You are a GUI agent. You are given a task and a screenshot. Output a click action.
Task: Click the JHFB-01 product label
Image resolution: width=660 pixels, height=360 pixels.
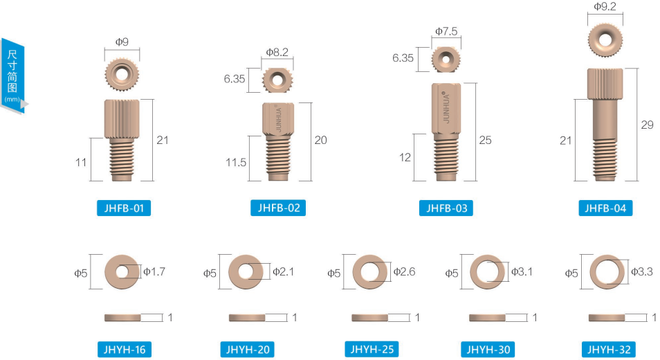[x=124, y=208]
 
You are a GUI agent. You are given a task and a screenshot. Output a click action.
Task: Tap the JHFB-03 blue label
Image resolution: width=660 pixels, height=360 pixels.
[x=446, y=208]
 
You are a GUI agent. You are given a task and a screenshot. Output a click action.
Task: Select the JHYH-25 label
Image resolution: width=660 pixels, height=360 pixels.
[x=372, y=349]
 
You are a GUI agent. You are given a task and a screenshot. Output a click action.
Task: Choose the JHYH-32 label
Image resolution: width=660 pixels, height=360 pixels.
[x=609, y=350]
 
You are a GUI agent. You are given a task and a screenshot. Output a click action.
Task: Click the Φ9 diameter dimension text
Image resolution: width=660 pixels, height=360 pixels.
[x=122, y=42]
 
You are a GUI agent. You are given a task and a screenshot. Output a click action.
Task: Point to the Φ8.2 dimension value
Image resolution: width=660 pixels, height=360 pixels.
[x=277, y=52]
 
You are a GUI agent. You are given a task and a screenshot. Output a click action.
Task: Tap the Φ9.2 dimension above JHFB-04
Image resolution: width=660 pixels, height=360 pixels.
[x=605, y=6]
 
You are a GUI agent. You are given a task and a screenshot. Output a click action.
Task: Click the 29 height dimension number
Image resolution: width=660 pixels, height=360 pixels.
[x=648, y=125]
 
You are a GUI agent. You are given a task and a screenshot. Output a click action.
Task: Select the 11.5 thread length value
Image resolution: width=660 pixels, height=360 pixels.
[x=236, y=163]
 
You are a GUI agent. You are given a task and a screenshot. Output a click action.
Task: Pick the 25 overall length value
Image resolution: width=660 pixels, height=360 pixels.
[x=486, y=141]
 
